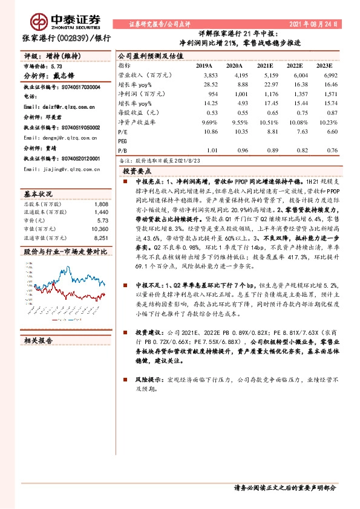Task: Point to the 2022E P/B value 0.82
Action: (295, 151)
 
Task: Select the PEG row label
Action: (123, 141)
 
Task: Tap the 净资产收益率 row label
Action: (133, 122)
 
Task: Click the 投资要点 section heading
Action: (136, 171)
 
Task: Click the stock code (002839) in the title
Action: (75, 37)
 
